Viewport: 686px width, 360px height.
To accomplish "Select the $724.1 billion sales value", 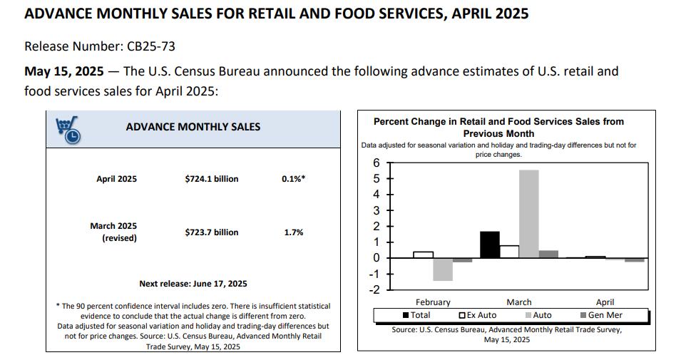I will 212,179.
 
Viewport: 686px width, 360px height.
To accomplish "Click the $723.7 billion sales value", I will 212,232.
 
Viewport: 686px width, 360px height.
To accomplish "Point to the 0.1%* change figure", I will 294,179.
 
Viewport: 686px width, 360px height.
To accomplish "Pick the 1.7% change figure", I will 294,232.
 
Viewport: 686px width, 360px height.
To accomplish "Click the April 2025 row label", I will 116,179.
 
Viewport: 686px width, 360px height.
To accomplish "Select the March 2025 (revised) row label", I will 113,232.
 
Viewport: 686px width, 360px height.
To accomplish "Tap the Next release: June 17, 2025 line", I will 193,283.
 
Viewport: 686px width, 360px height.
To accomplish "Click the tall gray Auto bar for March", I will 528,214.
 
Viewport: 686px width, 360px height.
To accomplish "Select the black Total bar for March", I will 490,245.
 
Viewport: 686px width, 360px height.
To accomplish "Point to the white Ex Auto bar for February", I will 424,254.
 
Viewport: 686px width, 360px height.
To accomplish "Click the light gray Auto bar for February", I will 443,269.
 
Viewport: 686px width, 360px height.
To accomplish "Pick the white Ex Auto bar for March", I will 509,252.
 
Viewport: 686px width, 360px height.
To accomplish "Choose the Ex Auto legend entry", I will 478,315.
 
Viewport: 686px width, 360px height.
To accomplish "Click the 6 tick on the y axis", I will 377,163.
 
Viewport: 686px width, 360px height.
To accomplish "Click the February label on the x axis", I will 433,302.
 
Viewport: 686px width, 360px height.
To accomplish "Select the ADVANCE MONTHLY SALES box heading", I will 193,127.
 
